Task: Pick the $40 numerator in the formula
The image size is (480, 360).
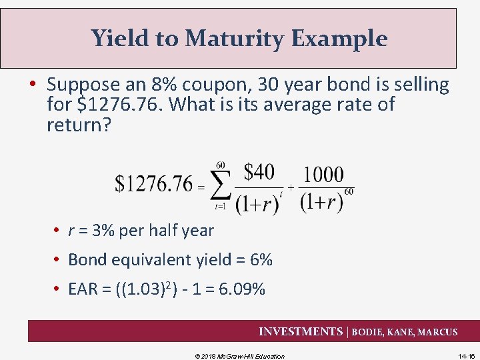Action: (x=258, y=172)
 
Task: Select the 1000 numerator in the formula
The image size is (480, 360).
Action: (x=323, y=175)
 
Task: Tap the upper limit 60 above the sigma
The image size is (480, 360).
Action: (x=221, y=165)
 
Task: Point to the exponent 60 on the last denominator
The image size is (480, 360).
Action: (x=349, y=192)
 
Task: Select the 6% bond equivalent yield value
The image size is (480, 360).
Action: (x=261, y=260)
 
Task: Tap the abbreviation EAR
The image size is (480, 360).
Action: (x=83, y=289)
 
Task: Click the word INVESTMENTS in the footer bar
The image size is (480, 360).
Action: (x=300, y=331)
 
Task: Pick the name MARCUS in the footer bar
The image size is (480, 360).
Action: (x=437, y=332)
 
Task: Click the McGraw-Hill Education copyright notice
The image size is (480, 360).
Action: (x=239, y=356)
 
